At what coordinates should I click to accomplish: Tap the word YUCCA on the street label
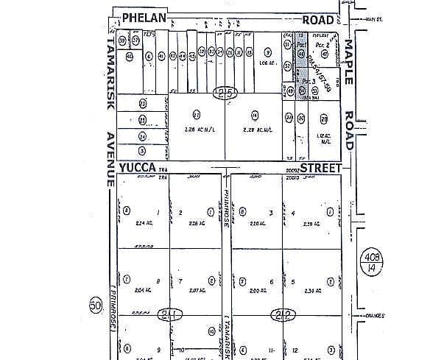pyautogui.click(x=137, y=169)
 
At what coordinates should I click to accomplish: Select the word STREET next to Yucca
pyautogui.click(x=317, y=169)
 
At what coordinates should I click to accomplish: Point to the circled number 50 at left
pyautogui.click(x=94, y=306)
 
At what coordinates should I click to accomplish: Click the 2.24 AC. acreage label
pyautogui.click(x=144, y=223)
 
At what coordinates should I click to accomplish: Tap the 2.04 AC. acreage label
pyautogui.click(x=144, y=291)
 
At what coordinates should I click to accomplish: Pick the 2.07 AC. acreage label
pyautogui.click(x=195, y=291)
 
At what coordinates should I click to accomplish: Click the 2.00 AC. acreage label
pyautogui.click(x=257, y=291)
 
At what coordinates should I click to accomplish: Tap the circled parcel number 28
pyautogui.click(x=323, y=118)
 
